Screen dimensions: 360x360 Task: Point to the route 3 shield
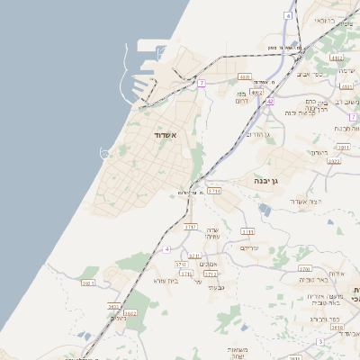click(319, 342)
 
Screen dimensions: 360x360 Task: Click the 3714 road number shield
click(214, 191)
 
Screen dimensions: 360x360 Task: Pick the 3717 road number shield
click(191, 228)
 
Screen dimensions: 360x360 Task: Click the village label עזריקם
click(250, 247)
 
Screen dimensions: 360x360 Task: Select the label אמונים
click(206, 264)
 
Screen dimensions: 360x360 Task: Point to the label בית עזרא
click(167, 280)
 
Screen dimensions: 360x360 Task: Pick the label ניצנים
click(119, 318)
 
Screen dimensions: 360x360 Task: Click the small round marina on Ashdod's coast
click(105, 154)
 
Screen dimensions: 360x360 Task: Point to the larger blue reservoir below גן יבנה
click(264, 209)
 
